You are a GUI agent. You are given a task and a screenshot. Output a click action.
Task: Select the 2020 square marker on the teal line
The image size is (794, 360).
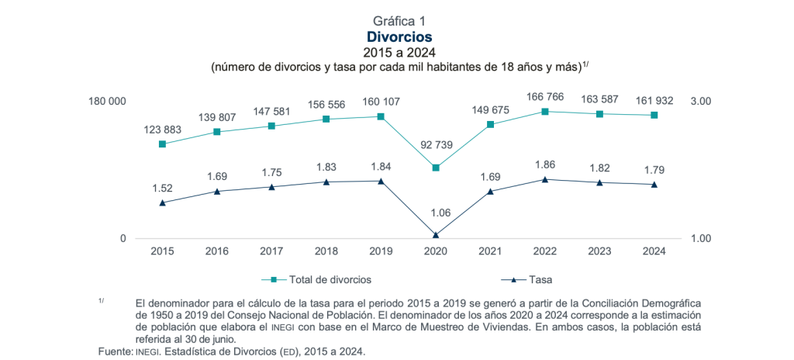[x=436, y=168]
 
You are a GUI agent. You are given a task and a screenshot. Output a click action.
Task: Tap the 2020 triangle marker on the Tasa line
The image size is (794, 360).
[x=436, y=234]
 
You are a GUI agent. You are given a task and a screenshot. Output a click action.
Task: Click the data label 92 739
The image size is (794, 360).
[x=436, y=146]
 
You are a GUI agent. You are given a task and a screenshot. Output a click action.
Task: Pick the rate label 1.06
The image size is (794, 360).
[x=436, y=213]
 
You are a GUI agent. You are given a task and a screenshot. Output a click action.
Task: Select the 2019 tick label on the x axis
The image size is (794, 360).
[x=381, y=251]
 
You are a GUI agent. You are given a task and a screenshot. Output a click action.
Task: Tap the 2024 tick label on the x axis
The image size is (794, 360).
[x=654, y=251]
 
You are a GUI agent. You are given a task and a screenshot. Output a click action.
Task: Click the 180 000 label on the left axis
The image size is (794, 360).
[x=106, y=102]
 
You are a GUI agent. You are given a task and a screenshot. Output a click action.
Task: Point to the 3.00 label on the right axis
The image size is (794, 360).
[x=700, y=102]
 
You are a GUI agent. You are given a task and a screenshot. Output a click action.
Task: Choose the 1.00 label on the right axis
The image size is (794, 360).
[x=700, y=238]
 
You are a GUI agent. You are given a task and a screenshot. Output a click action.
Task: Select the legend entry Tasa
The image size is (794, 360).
[x=540, y=279]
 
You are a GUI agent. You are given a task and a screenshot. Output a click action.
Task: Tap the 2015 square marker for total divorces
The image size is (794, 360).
[x=162, y=144]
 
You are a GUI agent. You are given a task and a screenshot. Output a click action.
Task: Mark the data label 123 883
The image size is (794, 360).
[x=162, y=129]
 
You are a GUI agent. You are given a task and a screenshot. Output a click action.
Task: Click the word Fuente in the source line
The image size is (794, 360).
[x=115, y=352]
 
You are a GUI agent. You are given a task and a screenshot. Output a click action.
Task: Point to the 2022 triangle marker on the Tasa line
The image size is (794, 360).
[x=545, y=180]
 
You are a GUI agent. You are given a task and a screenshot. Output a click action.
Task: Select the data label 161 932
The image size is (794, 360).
[x=654, y=101]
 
